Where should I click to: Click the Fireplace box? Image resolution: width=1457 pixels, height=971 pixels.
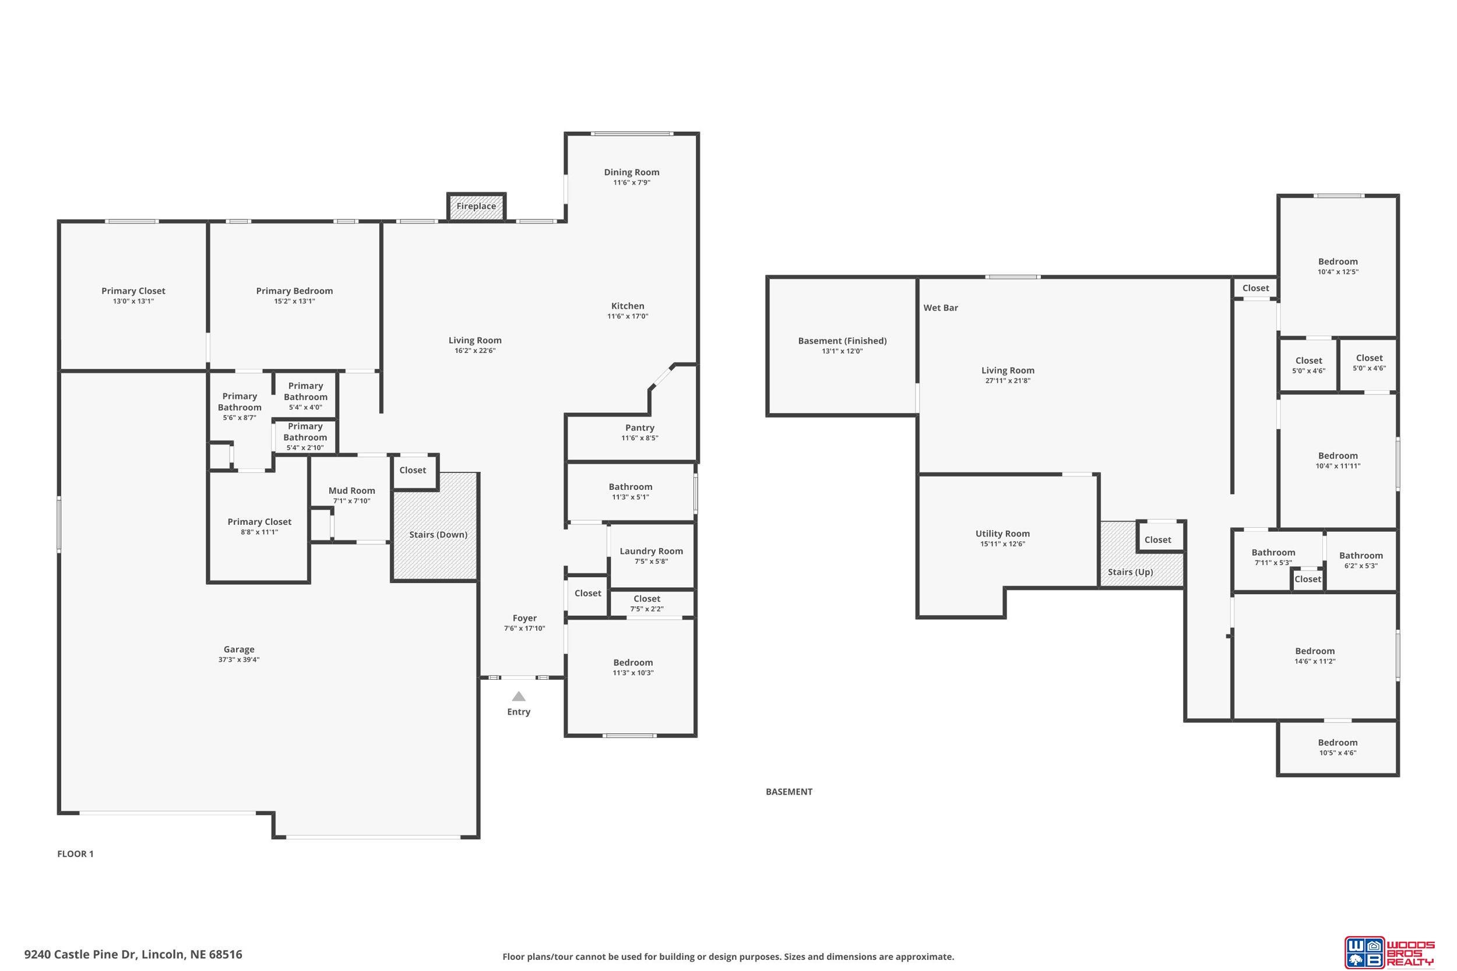click(476, 206)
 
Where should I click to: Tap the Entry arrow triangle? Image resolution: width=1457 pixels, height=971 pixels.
click(519, 696)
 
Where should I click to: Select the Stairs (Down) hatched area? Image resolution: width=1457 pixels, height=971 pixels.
click(435, 527)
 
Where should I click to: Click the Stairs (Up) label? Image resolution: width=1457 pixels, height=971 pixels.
click(1130, 572)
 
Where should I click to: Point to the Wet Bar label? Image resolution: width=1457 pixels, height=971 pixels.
click(941, 308)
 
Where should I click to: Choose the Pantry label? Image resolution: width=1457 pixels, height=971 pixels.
click(639, 428)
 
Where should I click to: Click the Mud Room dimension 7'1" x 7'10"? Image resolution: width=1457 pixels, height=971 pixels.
click(351, 501)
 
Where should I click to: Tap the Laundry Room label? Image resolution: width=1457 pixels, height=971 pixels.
click(651, 551)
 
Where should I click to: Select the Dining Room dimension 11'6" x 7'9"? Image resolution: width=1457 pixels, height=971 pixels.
click(631, 183)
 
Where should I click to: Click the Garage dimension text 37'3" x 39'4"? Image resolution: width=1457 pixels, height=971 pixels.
click(238, 659)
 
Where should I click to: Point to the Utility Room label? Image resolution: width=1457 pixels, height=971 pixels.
click(1002, 534)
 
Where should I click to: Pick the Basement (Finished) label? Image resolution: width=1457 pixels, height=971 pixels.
click(842, 341)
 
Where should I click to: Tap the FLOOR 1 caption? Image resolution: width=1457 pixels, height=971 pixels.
click(75, 854)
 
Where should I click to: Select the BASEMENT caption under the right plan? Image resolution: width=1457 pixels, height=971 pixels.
click(789, 792)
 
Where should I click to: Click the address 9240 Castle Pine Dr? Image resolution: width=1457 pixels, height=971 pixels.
click(80, 954)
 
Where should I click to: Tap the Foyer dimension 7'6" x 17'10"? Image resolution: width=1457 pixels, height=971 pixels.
click(524, 628)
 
